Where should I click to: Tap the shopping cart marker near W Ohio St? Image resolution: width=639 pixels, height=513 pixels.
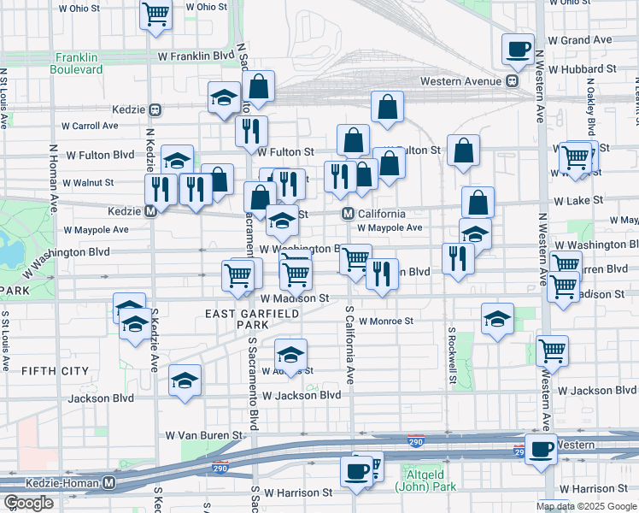click(x=155, y=14)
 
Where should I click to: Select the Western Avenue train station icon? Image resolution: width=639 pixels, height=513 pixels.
click(x=512, y=81)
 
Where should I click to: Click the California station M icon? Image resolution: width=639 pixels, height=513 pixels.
click(x=349, y=214)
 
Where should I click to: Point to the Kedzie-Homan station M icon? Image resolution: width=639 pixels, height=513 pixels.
click(x=108, y=482)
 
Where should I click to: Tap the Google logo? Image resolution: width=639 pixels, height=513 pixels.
click(x=28, y=503)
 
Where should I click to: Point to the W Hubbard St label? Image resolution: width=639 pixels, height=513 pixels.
click(x=582, y=68)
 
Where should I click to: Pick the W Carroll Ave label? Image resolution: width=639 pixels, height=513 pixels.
click(x=90, y=126)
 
